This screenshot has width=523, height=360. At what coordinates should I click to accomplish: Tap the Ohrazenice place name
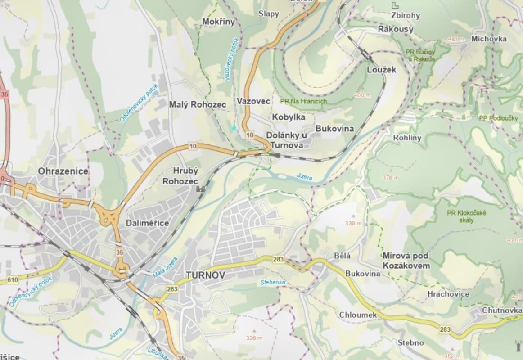[63, 171]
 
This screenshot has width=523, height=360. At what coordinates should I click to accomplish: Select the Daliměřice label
[147, 223]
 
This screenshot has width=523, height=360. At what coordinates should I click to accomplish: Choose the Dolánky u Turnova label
[286, 140]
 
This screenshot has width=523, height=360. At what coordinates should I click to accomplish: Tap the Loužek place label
[381, 70]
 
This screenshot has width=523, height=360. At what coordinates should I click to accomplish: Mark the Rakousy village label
[395, 29]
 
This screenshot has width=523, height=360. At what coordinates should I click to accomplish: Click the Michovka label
[489, 39]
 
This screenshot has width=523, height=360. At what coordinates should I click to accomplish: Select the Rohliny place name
[407, 138]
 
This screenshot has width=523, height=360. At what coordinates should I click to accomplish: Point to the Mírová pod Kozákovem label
[406, 261]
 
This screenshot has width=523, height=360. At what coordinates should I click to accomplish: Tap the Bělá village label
[342, 256]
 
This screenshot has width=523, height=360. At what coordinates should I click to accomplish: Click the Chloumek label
[358, 315]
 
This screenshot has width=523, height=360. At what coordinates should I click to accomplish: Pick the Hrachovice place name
[448, 294]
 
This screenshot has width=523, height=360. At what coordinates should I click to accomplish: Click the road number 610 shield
[13, 280]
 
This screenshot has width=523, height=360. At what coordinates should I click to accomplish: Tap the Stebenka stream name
[273, 283]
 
